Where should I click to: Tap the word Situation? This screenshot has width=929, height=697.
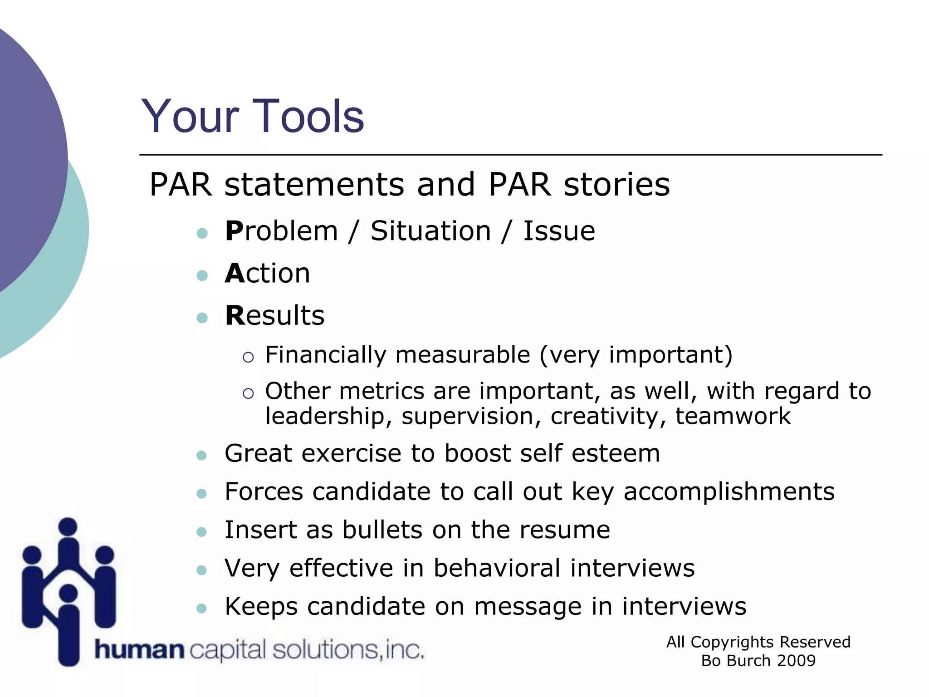point(430,231)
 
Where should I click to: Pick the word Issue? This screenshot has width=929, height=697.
point(559,231)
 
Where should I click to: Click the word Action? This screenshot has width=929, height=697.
point(268,273)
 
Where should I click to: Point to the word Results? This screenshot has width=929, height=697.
point(275,315)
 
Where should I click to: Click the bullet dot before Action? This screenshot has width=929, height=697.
point(202,275)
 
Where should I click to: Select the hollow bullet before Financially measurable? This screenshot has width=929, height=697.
point(248,357)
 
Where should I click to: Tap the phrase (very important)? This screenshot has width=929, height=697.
point(636,355)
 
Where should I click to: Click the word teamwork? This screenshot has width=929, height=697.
point(733,416)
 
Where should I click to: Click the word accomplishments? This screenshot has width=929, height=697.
point(729,491)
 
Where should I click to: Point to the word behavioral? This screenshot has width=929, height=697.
point(497,568)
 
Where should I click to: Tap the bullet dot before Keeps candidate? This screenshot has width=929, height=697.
point(202,608)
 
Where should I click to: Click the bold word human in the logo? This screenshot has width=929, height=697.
point(139,650)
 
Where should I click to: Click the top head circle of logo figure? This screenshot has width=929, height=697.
point(68,526)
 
